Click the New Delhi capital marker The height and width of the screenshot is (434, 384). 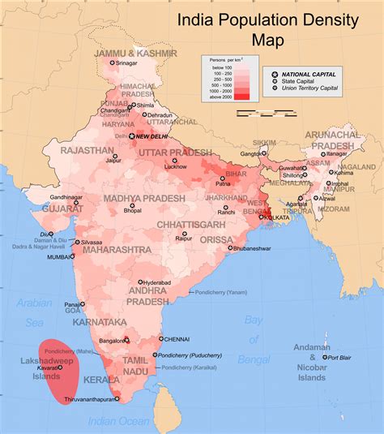(x=134, y=136)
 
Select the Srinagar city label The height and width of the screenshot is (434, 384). (x=126, y=62)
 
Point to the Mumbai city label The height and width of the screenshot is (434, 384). (x=59, y=256)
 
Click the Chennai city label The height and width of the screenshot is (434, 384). (x=176, y=338)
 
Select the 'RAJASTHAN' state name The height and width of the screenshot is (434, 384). (x=86, y=151)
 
